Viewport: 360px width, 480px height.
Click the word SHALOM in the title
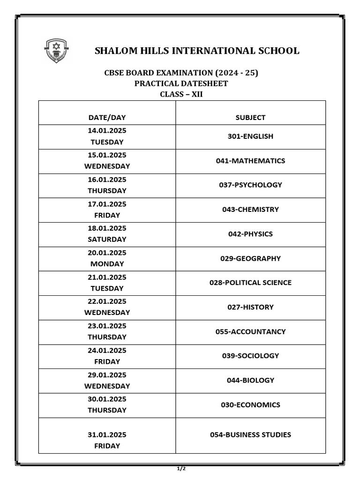(116, 51)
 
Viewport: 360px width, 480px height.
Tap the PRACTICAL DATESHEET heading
(181, 83)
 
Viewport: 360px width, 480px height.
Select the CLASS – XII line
(181, 94)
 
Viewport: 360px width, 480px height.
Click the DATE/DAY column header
(107, 118)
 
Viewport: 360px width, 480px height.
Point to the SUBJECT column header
(250, 118)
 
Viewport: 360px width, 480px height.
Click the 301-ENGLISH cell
(250, 136)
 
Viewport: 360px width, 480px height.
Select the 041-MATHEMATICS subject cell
(250, 161)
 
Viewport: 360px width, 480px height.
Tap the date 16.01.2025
(107, 180)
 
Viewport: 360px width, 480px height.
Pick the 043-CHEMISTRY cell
(250, 210)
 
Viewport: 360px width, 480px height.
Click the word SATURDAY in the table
(107, 239)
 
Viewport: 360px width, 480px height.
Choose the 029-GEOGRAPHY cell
(250, 258)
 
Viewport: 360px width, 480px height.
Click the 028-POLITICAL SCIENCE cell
(250, 283)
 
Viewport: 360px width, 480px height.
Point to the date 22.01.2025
(107, 301)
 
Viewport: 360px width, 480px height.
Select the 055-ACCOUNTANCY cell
(250, 331)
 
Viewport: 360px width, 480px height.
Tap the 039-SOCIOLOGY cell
(250, 356)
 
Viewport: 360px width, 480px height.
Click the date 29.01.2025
(107, 375)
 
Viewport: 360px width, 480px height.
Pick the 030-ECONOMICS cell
(250, 405)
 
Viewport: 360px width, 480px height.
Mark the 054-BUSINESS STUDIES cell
(250, 435)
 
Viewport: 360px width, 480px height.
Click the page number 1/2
(181, 468)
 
